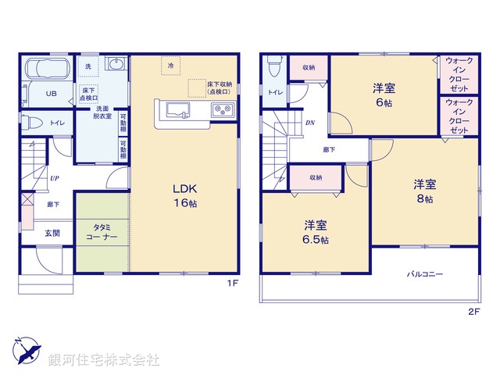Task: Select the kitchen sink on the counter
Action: point(175,109)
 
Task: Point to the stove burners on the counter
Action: point(222,109)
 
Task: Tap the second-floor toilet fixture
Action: point(270,70)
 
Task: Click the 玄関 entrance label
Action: point(52,233)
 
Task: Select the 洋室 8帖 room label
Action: point(425,191)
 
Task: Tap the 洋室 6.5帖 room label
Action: point(316,232)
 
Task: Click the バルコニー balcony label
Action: point(424,274)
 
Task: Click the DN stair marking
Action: point(310,123)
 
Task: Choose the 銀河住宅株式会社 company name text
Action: point(104,360)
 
